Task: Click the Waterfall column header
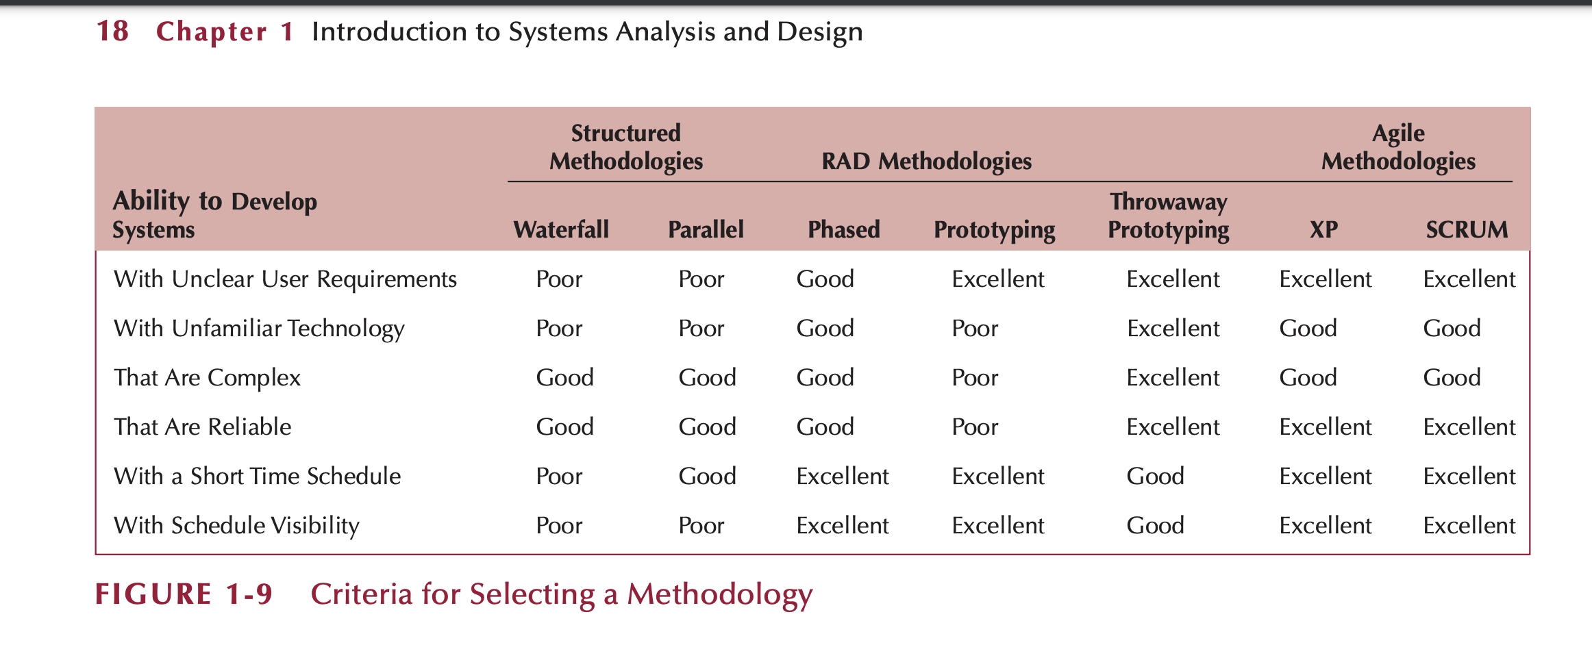coord(561,229)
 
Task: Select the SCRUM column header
coord(1467,229)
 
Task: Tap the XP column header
coord(1323,229)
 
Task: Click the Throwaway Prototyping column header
coord(1169,216)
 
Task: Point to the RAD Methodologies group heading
coord(926,161)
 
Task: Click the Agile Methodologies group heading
coord(1398,147)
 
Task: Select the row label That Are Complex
coord(207,377)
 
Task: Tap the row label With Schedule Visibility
coord(236,525)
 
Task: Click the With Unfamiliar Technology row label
coord(259,328)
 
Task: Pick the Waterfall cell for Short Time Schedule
coord(559,476)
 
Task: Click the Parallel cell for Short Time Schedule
coord(707,476)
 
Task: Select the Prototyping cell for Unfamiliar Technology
coord(975,328)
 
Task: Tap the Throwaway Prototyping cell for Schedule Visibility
coord(1155,525)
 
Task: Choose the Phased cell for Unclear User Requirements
coord(825,279)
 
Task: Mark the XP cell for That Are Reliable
coord(1325,427)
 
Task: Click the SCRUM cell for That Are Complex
coord(1452,377)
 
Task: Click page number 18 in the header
coord(112,31)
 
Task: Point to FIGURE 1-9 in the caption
coord(184,594)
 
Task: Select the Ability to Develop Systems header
coord(214,215)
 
